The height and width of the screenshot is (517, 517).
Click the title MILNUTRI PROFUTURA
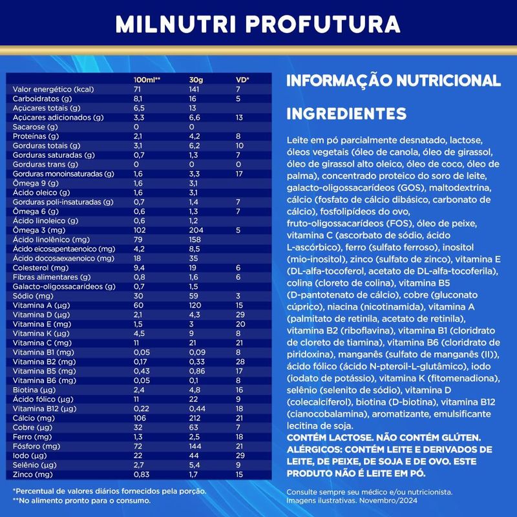258,24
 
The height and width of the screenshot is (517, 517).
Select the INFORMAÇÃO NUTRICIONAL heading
393,81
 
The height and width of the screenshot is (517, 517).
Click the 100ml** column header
146,79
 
